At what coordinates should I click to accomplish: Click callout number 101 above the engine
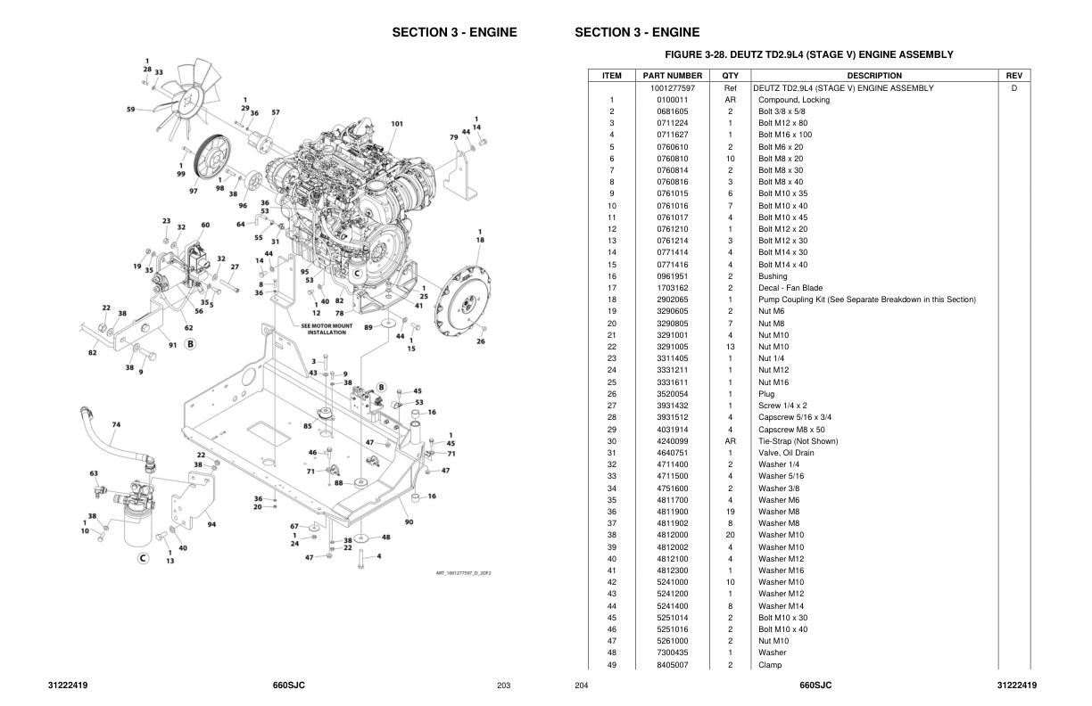[x=397, y=123]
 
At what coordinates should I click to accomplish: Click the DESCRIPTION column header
[x=873, y=76]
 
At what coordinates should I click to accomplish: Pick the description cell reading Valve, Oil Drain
[x=786, y=453]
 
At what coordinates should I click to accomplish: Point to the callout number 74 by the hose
[x=116, y=424]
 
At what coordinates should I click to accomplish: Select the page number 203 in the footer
[x=504, y=685]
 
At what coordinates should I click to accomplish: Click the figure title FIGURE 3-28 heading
[x=808, y=54]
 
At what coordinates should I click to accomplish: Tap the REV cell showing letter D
[x=1013, y=88]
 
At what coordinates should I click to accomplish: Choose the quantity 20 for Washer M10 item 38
[x=730, y=535]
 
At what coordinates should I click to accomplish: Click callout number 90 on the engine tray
[x=409, y=521]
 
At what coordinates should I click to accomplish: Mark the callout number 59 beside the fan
[x=131, y=110]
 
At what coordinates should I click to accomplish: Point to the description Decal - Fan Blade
[x=790, y=288]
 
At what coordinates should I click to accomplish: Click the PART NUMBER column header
[x=673, y=76]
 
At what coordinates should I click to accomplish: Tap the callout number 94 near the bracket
[x=211, y=524]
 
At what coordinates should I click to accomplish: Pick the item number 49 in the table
[x=612, y=665]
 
